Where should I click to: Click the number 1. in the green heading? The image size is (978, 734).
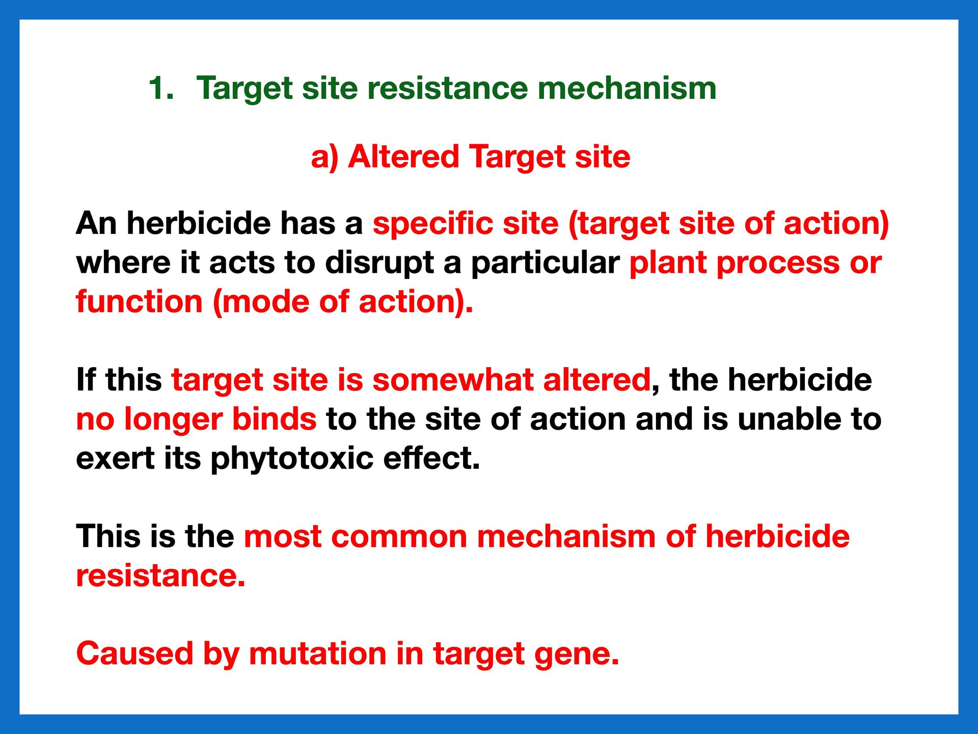click(x=161, y=88)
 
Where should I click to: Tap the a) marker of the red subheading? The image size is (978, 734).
click(x=324, y=157)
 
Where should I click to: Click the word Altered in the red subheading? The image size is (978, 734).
click(x=403, y=156)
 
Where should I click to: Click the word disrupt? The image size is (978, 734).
click(x=379, y=263)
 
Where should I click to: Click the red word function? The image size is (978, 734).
click(x=139, y=301)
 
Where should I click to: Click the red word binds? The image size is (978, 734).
click(x=274, y=419)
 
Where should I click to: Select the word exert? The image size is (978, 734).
click(x=115, y=459)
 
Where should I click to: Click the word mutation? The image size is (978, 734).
click(x=317, y=653)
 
